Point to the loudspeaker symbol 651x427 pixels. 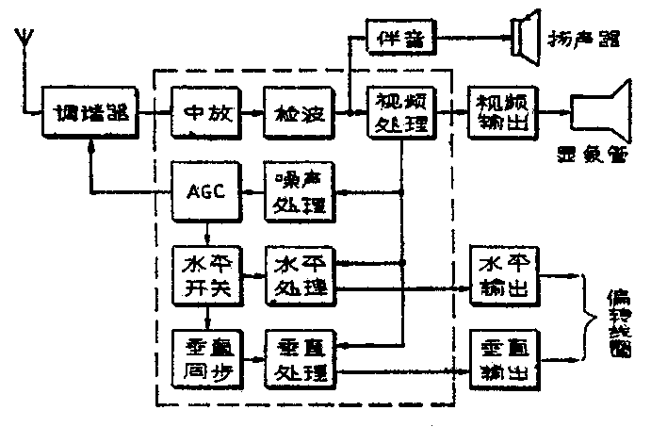[x=527, y=37]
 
